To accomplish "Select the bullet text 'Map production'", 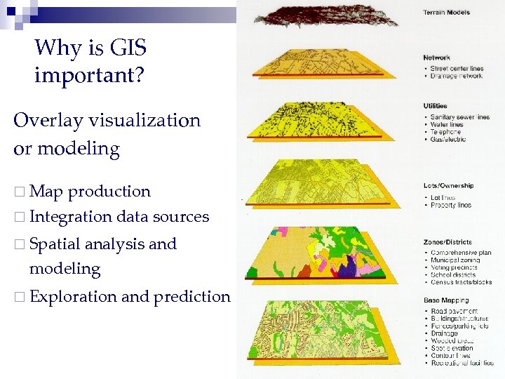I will click(x=90, y=191).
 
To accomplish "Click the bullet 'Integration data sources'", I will click(x=119, y=217).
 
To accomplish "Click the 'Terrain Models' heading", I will click(x=447, y=12).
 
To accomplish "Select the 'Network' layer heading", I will click(x=436, y=58).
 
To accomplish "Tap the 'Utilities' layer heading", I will click(x=436, y=106).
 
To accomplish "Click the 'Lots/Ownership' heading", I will click(x=447, y=186).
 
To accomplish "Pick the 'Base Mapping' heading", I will click(x=443, y=300).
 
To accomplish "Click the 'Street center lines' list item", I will click(x=457, y=69).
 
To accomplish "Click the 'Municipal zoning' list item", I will click(x=454, y=260).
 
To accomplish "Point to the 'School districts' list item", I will click(x=453, y=275).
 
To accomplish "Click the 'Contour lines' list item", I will click(x=450, y=356).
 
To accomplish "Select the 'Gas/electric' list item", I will click(x=448, y=139).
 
